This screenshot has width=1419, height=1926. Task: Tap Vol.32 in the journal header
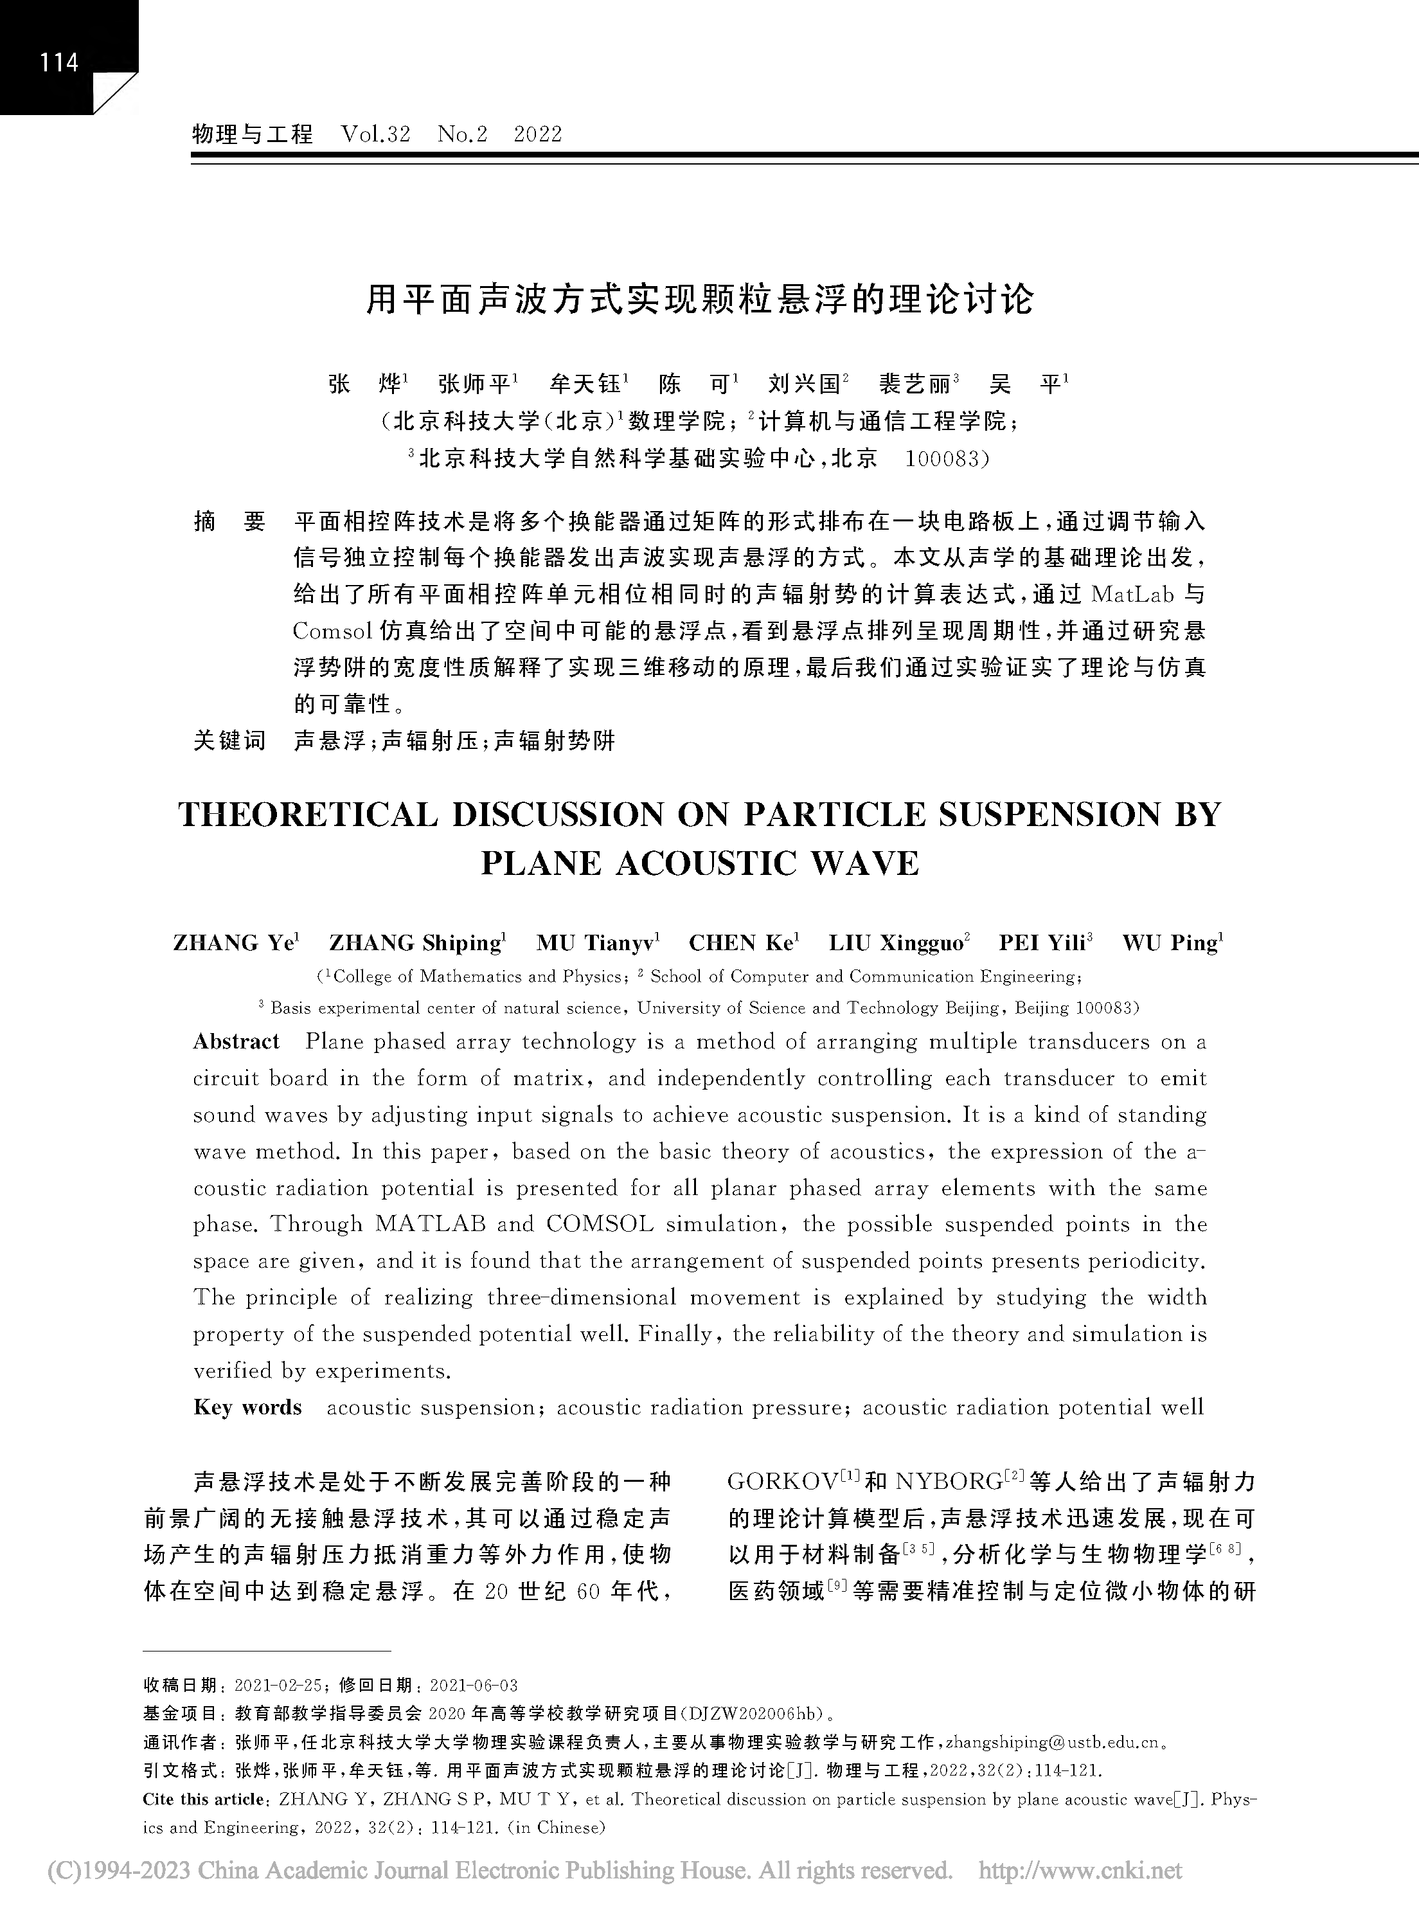click(375, 134)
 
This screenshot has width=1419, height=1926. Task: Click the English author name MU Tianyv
click(598, 943)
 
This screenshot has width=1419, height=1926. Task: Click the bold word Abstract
click(236, 1042)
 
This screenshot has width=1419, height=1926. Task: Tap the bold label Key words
click(247, 1407)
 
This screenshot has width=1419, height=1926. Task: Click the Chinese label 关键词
click(229, 740)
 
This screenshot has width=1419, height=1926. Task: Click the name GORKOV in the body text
click(781, 1482)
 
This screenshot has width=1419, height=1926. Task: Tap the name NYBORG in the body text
click(947, 1482)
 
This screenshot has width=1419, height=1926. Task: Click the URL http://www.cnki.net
click(1080, 1871)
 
